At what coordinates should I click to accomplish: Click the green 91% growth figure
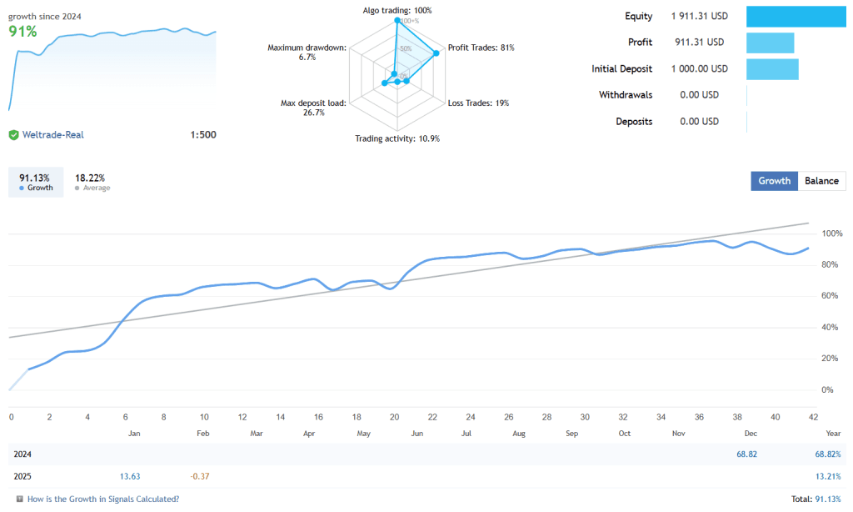pos(22,32)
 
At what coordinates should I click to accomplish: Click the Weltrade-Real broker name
pos(52,134)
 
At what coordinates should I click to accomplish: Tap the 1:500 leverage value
pos(203,134)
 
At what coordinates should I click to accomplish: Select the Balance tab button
pos(821,181)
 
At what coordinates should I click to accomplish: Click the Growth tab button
pos(774,181)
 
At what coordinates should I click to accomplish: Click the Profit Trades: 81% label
pos(481,48)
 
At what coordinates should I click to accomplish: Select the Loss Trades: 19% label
pos(478,103)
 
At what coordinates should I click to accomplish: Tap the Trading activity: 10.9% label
pos(397,138)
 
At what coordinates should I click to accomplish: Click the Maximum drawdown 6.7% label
pos(306,53)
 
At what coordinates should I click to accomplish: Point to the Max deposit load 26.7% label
pos(313,108)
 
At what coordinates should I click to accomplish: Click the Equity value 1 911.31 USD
pos(699,16)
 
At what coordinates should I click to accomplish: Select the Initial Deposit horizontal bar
pos(772,69)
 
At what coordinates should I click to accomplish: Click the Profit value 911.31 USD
pos(699,43)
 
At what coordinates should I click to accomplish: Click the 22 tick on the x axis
pos(432,417)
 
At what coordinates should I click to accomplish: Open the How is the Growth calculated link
pos(103,499)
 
